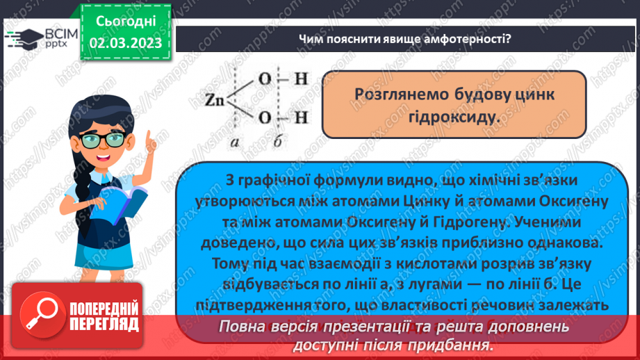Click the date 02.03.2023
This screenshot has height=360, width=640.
(x=126, y=43)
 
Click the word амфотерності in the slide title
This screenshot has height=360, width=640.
(x=463, y=38)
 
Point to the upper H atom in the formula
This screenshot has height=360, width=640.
(x=300, y=79)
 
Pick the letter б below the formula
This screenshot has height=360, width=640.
(x=277, y=142)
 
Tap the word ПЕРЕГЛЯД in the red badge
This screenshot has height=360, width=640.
(x=104, y=324)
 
